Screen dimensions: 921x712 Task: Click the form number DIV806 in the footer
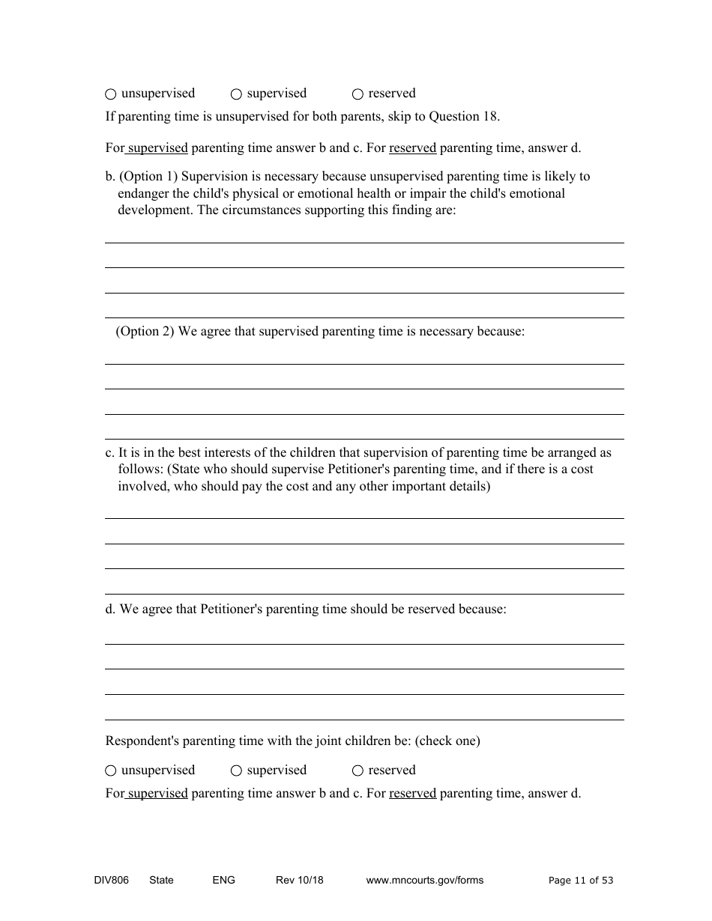point(106,880)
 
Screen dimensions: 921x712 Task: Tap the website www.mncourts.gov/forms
point(424,880)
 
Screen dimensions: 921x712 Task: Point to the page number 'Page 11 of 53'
point(580,881)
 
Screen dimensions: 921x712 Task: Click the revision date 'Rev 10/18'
point(299,880)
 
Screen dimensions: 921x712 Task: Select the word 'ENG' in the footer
point(223,880)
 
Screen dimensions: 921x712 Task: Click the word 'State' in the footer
point(161,880)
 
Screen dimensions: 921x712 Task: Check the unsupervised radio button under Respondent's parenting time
point(111,770)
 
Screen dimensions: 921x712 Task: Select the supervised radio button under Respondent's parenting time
point(236,770)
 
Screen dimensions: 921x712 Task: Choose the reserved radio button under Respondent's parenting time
point(357,770)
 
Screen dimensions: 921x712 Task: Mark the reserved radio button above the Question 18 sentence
point(357,94)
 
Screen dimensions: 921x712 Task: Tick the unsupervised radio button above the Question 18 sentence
point(111,94)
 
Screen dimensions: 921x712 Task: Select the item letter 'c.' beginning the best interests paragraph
point(110,453)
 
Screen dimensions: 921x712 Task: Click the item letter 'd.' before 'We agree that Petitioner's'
point(110,610)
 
